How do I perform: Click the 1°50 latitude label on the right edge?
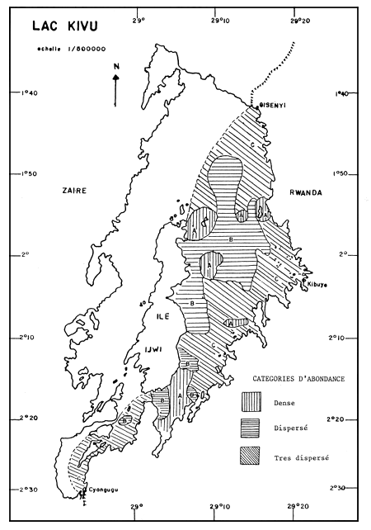click(339, 174)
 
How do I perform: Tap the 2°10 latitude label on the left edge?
click(27, 337)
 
